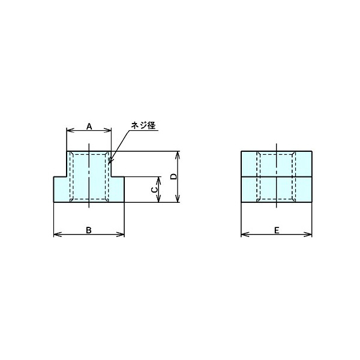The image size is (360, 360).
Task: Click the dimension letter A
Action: coord(89,126)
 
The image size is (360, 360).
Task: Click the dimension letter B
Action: coord(89,230)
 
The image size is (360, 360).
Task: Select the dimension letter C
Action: coord(154,190)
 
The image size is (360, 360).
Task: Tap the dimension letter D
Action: coord(173,176)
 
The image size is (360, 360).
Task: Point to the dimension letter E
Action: coord(276,230)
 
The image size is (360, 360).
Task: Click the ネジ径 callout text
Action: coord(143,125)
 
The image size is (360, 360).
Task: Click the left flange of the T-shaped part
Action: coord(61,190)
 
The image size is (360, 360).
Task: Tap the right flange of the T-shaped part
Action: coord(118,190)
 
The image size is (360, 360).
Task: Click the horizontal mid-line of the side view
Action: coord(277,177)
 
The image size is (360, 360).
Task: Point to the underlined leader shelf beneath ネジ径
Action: coord(145,131)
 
